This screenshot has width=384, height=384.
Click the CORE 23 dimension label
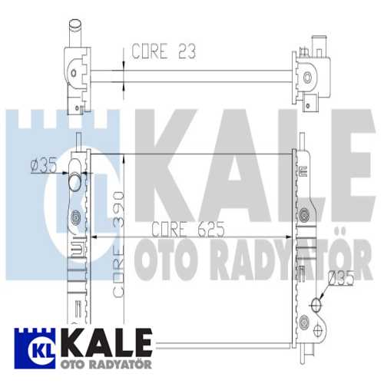point(164,51)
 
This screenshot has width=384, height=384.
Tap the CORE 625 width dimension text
point(182,228)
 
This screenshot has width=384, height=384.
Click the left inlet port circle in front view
point(74,183)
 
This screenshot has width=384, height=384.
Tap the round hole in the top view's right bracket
point(309,77)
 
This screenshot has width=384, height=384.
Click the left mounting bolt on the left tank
point(75,219)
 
